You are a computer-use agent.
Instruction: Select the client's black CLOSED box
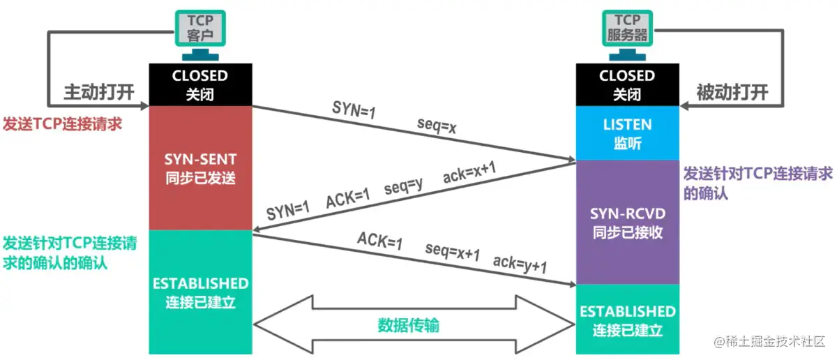pos(200,84)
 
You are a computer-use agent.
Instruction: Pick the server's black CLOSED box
pos(627,84)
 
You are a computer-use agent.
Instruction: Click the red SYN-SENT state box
pos(200,167)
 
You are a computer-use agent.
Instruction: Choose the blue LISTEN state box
pos(627,133)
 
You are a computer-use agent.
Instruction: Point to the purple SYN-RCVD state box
pos(627,222)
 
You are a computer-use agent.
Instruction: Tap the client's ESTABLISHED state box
pos(200,293)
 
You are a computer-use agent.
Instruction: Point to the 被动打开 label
pos(732,93)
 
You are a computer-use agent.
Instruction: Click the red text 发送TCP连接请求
pos(63,124)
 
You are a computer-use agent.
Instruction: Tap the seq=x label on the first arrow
pos(437,126)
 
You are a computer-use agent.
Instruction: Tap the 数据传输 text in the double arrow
pos(409,325)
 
